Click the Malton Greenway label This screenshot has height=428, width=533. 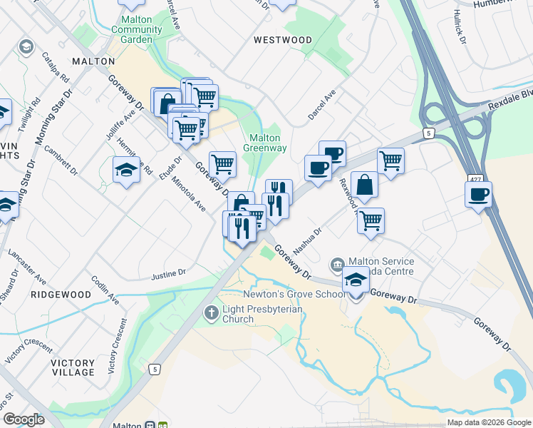266,143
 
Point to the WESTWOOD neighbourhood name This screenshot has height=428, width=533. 283,40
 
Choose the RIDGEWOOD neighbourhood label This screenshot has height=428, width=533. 61,294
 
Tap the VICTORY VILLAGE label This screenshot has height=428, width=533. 73,367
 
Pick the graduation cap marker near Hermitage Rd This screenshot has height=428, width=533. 126,170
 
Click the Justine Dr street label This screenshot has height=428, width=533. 168,273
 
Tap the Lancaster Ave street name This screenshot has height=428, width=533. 26,266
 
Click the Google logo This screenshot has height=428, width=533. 24,419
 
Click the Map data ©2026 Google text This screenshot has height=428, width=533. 488,422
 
